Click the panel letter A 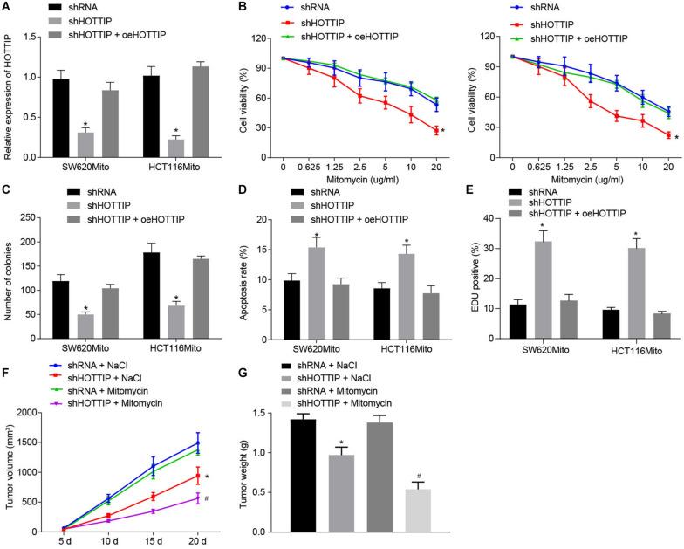point(7,9)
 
